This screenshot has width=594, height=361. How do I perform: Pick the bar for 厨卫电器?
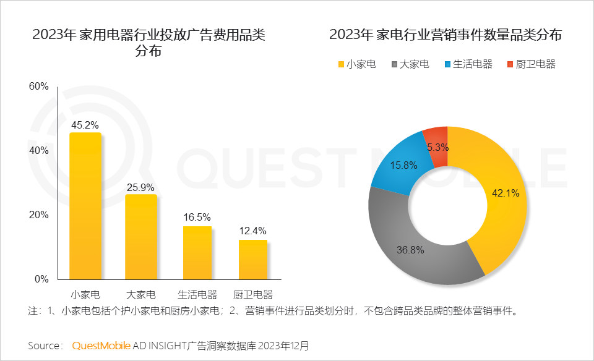pos(253,259)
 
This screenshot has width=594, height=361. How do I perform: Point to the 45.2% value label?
pos(85,125)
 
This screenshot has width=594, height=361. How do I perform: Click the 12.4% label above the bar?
pos(253,231)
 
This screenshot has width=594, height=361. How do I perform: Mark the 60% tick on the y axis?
pos(38,87)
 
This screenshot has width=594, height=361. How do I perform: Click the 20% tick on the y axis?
pos(38,215)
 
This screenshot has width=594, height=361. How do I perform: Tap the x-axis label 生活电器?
pos(197,294)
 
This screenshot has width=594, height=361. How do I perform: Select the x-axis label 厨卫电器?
pos(253,294)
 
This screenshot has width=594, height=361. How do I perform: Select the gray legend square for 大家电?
pos(394,64)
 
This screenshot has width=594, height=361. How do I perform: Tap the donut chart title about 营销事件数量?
pos(445,35)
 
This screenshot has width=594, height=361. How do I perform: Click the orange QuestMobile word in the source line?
pos(101,345)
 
